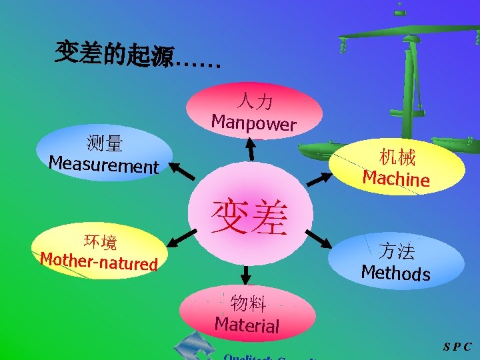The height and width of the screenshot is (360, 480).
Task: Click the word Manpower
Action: pyautogui.click(x=253, y=123)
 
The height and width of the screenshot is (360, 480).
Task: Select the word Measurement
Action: pyautogui.click(x=104, y=164)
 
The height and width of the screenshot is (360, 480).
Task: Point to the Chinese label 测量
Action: pyautogui.click(x=104, y=143)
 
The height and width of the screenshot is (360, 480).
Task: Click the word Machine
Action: pyautogui.click(x=396, y=178)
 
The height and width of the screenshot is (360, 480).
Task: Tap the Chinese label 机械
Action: pyautogui.click(x=397, y=157)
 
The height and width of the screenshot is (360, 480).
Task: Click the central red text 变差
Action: pyautogui.click(x=249, y=217)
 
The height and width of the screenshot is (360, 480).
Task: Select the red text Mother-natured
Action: pyautogui.click(x=99, y=261)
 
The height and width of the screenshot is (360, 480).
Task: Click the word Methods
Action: pyautogui.click(x=395, y=272)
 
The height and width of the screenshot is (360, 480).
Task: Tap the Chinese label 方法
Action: pyautogui.click(x=396, y=251)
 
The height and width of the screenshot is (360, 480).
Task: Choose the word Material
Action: pyautogui.click(x=247, y=325)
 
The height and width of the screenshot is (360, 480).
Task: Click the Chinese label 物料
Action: pyautogui.click(x=248, y=304)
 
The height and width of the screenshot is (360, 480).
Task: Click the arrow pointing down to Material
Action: pyautogui.click(x=246, y=273)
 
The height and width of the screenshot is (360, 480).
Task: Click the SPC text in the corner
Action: pyautogui.click(x=457, y=347)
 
